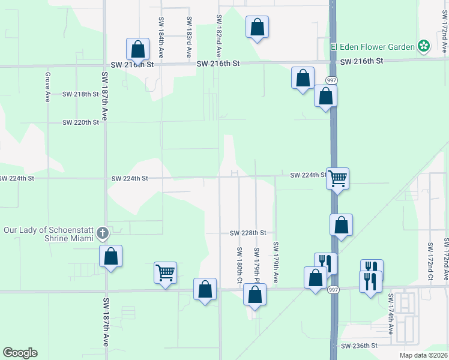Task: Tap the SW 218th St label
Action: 80,94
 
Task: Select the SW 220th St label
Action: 80,122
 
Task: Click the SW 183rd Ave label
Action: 189,32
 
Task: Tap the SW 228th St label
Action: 248,233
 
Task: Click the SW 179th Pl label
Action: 256,266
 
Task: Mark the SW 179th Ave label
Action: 276,262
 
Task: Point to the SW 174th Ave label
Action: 391,314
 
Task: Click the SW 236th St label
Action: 359,346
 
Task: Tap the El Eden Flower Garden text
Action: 373,46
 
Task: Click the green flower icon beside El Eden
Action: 424,46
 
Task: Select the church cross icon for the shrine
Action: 103,233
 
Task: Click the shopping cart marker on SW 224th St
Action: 338,177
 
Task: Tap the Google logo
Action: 20,353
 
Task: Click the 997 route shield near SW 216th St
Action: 331,80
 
